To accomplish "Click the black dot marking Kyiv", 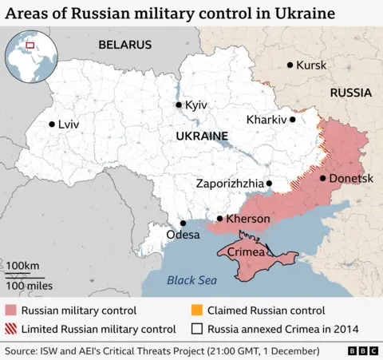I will click(179, 105).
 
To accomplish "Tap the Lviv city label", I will click(69, 125).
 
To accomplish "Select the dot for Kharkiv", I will click(293, 120).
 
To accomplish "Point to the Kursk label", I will click(311, 65).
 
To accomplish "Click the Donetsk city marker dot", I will click(322, 178).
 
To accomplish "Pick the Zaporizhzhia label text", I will click(229, 184).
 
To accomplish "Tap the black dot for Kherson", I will click(220, 219).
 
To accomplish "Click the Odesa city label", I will click(184, 235).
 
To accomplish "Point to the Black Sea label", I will click(191, 280).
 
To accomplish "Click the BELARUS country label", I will click(124, 45).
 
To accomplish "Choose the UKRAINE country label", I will click(200, 136).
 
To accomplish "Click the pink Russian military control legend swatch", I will click(11, 311).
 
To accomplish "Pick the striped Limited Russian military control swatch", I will click(11, 328).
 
